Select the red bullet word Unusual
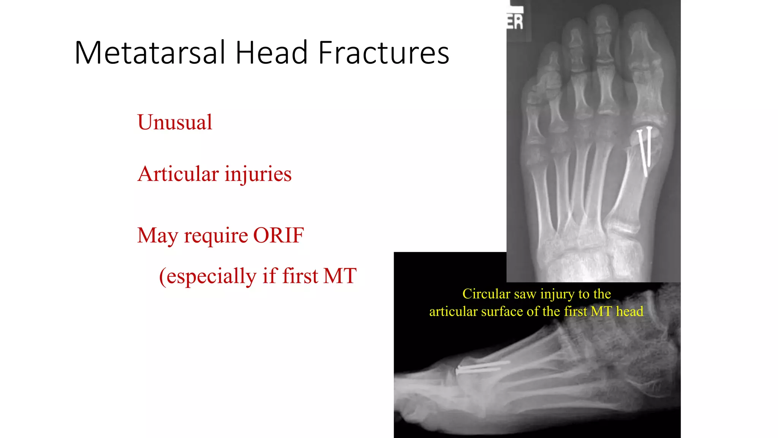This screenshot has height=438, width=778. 175,122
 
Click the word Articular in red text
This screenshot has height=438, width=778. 178,174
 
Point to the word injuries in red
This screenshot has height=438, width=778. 258,174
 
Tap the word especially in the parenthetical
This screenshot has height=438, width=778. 212,276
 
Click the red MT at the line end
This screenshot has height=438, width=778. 340,276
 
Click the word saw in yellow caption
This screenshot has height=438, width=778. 525,294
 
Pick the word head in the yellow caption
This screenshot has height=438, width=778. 629,311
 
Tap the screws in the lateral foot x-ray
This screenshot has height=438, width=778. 482,367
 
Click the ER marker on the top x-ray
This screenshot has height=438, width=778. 516,22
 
